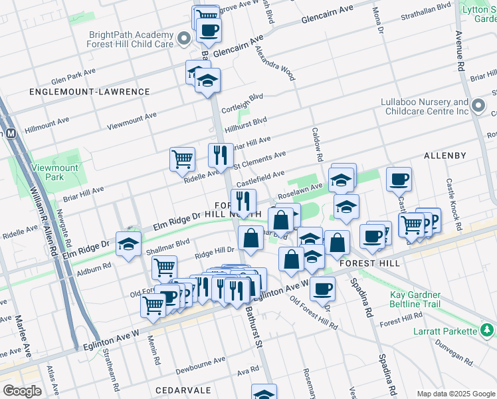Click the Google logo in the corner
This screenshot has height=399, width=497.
[21, 391]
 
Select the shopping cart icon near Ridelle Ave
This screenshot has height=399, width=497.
[182, 160]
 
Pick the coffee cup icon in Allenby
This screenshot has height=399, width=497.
[399, 179]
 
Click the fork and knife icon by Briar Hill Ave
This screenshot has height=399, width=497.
[221, 156]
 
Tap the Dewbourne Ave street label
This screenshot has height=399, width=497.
[197, 364]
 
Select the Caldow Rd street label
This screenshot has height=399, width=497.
[317, 145]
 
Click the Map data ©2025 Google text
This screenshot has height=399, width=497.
[455, 393]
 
